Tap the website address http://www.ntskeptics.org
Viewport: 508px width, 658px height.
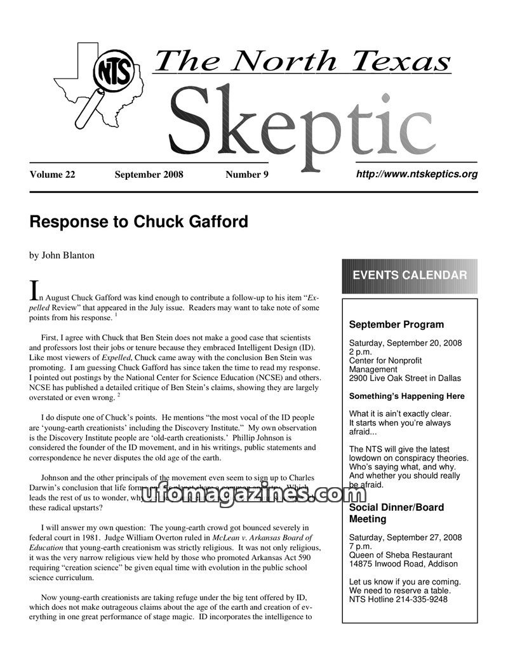(417, 174)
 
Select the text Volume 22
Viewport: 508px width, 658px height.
(52, 175)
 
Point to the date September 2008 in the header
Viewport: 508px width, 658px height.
(149, 175)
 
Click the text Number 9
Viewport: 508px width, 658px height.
(247, 175)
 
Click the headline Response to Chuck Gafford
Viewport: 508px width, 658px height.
(138, 222)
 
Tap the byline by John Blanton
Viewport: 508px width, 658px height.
(62, 255)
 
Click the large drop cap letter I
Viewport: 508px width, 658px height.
(35, 291)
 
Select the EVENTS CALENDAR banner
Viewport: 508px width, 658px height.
(410, 276)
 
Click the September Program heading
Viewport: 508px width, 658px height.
(396, 325)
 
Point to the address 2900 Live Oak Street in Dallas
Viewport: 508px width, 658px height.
(405, 378)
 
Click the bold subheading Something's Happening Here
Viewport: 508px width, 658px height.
(407, 396)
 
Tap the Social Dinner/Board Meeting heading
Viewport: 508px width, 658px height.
(396, 513)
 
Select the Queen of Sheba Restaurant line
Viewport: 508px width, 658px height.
(401, 554)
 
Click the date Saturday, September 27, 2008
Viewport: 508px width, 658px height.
(405, 537)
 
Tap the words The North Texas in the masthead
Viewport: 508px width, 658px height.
(302, 61)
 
